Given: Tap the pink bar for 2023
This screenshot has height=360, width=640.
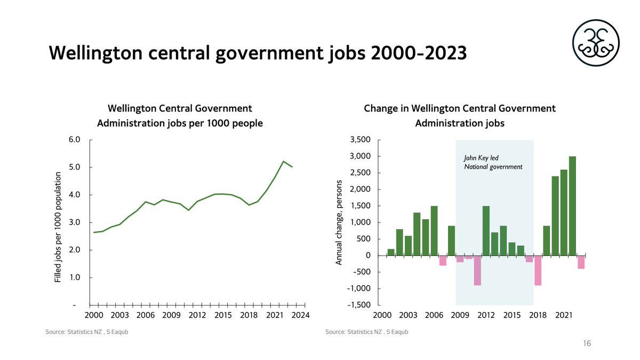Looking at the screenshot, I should pos(581,262).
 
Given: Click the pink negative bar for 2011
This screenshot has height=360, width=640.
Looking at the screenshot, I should pos(477,270).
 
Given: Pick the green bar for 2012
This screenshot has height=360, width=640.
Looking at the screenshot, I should pos(486,230).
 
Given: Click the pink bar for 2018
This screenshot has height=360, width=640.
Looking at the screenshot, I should pos(538,270).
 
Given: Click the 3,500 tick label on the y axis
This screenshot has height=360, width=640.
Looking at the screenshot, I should pos(359,140).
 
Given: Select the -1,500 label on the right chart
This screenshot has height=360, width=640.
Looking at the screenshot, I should pos(357,305).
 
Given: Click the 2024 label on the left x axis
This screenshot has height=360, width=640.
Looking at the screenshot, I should pos(301,316).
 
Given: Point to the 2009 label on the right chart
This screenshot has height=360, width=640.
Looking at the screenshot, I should pos(460,316).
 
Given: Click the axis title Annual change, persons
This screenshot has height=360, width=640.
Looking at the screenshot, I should pos(339,222).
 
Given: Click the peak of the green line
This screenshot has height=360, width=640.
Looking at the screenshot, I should pos(284,161).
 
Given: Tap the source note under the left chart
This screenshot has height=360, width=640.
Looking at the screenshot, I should pos(87,332).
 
